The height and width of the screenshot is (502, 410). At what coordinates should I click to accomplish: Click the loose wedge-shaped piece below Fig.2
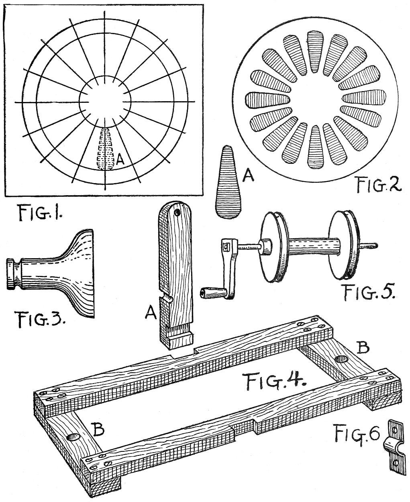pyautogui.click(x=228, y=183)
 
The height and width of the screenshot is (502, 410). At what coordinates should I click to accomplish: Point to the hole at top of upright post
pyautogui.click(x=177, y=211)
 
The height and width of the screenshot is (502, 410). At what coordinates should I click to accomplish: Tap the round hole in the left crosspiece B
pyautogui.click(x=74, y=437)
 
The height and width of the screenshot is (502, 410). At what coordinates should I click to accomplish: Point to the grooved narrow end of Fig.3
pyautogui.click(x=14, y=274)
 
